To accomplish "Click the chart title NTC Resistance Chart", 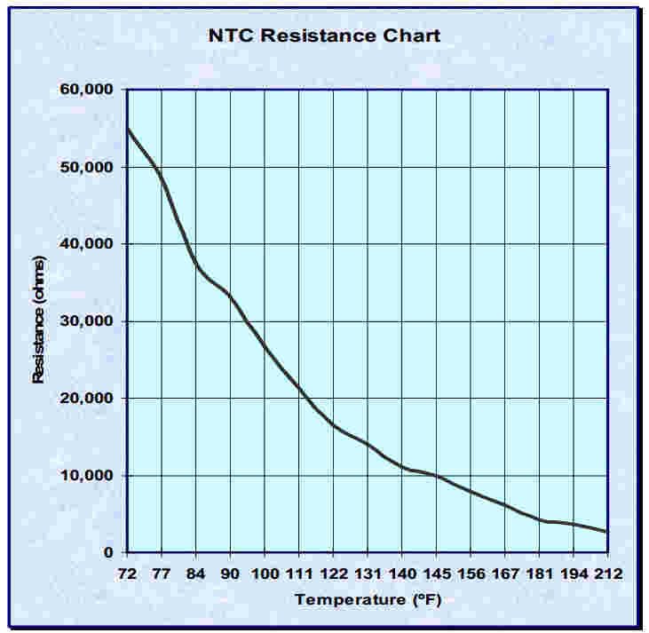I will [x=324, y=36].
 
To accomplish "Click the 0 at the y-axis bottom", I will [x=108, y=553].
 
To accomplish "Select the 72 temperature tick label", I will [x=128, y=574].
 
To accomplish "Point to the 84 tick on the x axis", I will [x=196, y=574].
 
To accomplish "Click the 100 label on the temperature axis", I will [x=265, y=574].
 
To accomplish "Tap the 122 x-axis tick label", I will [x=333, y=574].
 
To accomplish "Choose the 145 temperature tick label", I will [x=436, y=574].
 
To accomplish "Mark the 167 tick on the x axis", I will [x=504, y=574].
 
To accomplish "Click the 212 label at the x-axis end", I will [x=608, y=574].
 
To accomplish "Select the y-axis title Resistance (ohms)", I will [x=38, y=320].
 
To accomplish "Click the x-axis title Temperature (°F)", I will [x=368, y=600].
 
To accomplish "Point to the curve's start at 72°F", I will [x=128, y=129].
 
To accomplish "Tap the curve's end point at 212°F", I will [x=607, y=532].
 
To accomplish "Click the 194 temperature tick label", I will [x=574, y=574].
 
